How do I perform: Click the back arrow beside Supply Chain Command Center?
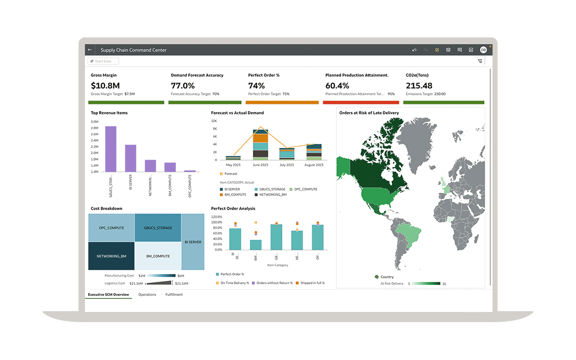[90, 50]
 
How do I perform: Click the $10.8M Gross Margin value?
[105, 86]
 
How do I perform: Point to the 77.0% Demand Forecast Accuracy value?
[182, 86]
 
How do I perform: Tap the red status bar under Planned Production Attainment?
[361, 102]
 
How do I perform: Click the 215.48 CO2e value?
[419, 86]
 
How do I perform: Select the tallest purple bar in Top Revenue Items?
[111, 148]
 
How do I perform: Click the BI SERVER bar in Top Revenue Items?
[131, 158]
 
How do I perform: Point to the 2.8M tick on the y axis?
[95, 128]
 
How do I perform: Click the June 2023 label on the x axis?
[261, 165]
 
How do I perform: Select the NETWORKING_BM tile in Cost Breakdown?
[111, 256]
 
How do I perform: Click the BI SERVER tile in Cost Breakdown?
[193, 242]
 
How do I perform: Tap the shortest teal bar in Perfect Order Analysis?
[256, 245]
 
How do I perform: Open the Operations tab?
[147, 295]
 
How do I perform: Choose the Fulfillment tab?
[174, 295]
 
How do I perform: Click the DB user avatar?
[483, 50]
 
